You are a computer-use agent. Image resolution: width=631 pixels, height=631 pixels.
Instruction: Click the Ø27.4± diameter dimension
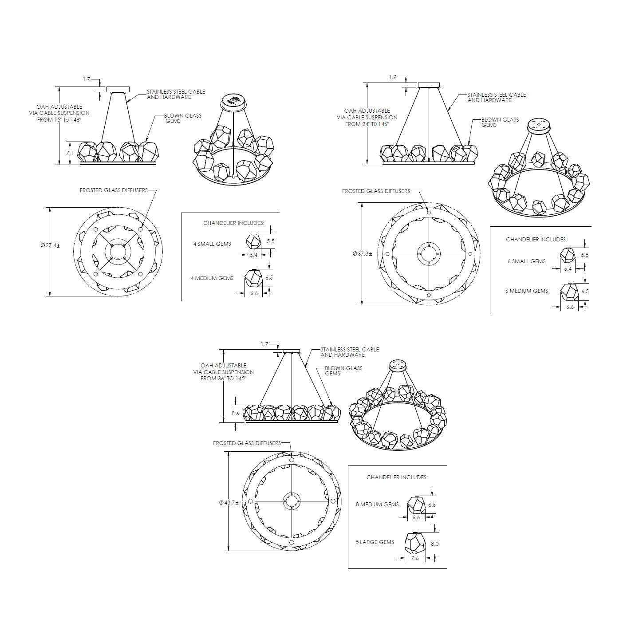pyautogui.click(x=50, y=245)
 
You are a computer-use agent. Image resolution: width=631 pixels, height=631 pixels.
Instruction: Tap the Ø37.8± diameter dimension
pyautogui.click(x=362, y=253)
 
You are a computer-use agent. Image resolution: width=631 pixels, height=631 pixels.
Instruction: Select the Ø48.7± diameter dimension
pyautogui.click(x=229, y=502)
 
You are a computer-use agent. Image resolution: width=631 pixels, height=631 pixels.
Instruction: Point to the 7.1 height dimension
pyautogui.click(x=69, y=153)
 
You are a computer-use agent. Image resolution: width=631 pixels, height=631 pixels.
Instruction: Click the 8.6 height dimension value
pyautogui.click(x=235, y=413)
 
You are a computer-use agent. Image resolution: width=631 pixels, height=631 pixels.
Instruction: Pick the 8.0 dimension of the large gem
pyautogui.click(x=434, y=544)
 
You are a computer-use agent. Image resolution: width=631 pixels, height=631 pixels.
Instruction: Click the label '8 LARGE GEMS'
pyautogui.click(x=375, y=542)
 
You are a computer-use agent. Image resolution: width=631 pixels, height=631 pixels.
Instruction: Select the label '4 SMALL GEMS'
pyautogui.click(x=212, y=244)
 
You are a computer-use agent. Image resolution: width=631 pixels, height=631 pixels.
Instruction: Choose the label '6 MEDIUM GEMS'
pyautogui.click(x=527, y=291)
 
